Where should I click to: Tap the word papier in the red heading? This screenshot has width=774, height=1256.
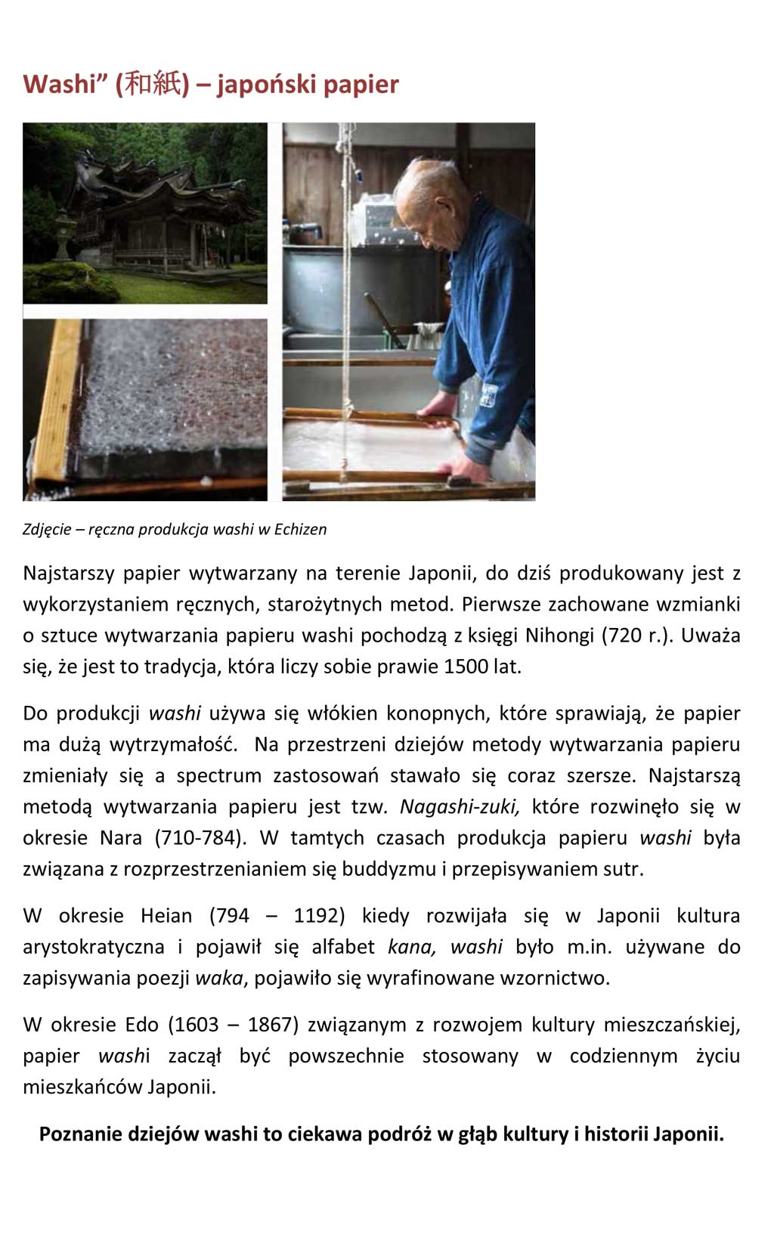coord(362,84)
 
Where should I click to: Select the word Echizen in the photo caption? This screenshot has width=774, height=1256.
coord(300,529)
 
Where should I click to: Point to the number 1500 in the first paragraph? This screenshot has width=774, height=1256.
coord(466,667)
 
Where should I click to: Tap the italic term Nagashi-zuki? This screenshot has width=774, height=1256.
coord(460,807)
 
